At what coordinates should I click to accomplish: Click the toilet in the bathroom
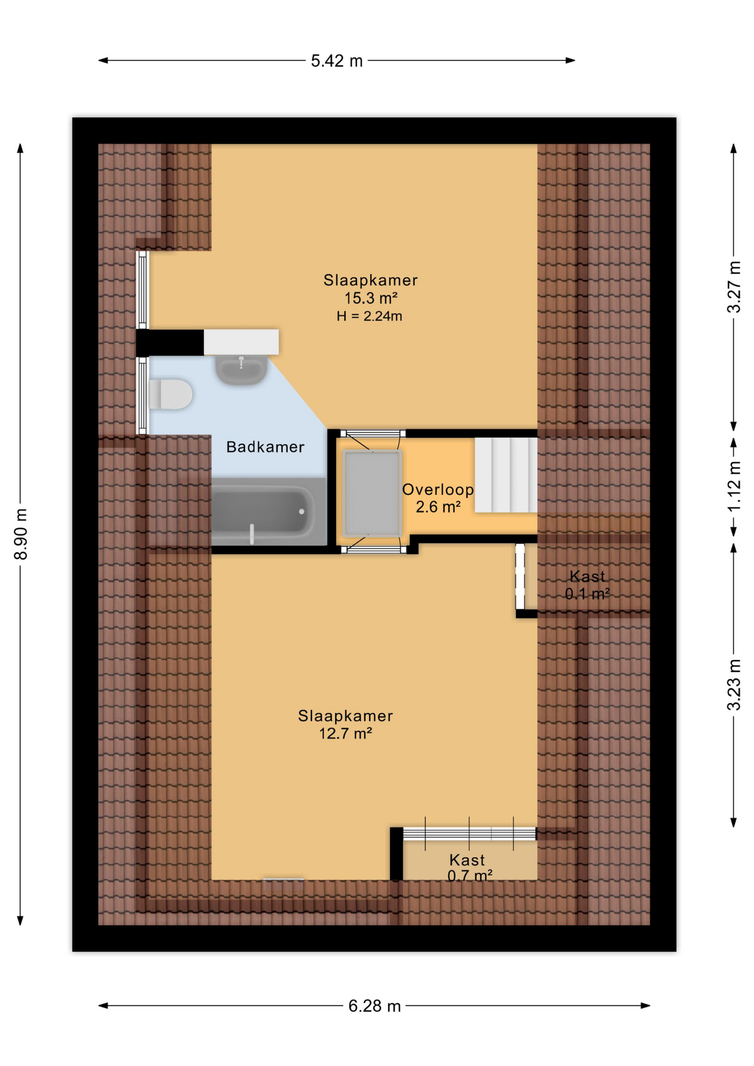(x=170, y=394)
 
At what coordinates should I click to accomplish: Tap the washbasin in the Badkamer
(x=242, y=370)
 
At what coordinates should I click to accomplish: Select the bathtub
(x=263, y=511)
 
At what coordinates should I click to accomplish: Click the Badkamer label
(x=265, y=447)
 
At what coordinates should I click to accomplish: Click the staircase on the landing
(x=506, y=475)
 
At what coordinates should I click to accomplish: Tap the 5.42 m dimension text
(x=336, y=61)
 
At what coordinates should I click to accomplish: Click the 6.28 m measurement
(x=374, y=1005)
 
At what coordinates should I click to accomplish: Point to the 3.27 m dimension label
(x=733, y=287)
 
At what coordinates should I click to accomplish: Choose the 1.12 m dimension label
(x=733, y=486)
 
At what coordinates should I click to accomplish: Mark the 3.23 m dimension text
(x=733, y=685)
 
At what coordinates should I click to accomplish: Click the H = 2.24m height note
(x=369, y=316)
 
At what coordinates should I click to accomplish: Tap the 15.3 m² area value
(x=371, y=298)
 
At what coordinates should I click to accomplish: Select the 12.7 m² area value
(x=345, y=733)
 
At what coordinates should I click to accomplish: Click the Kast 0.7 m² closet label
(x=469, y=868)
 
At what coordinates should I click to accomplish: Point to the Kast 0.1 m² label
(x=587, y=585)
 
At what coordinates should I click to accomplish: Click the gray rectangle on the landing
(x=372, y=493)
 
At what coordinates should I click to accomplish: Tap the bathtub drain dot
(x=301, y=511)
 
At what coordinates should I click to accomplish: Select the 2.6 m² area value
(x=438, y=507)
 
